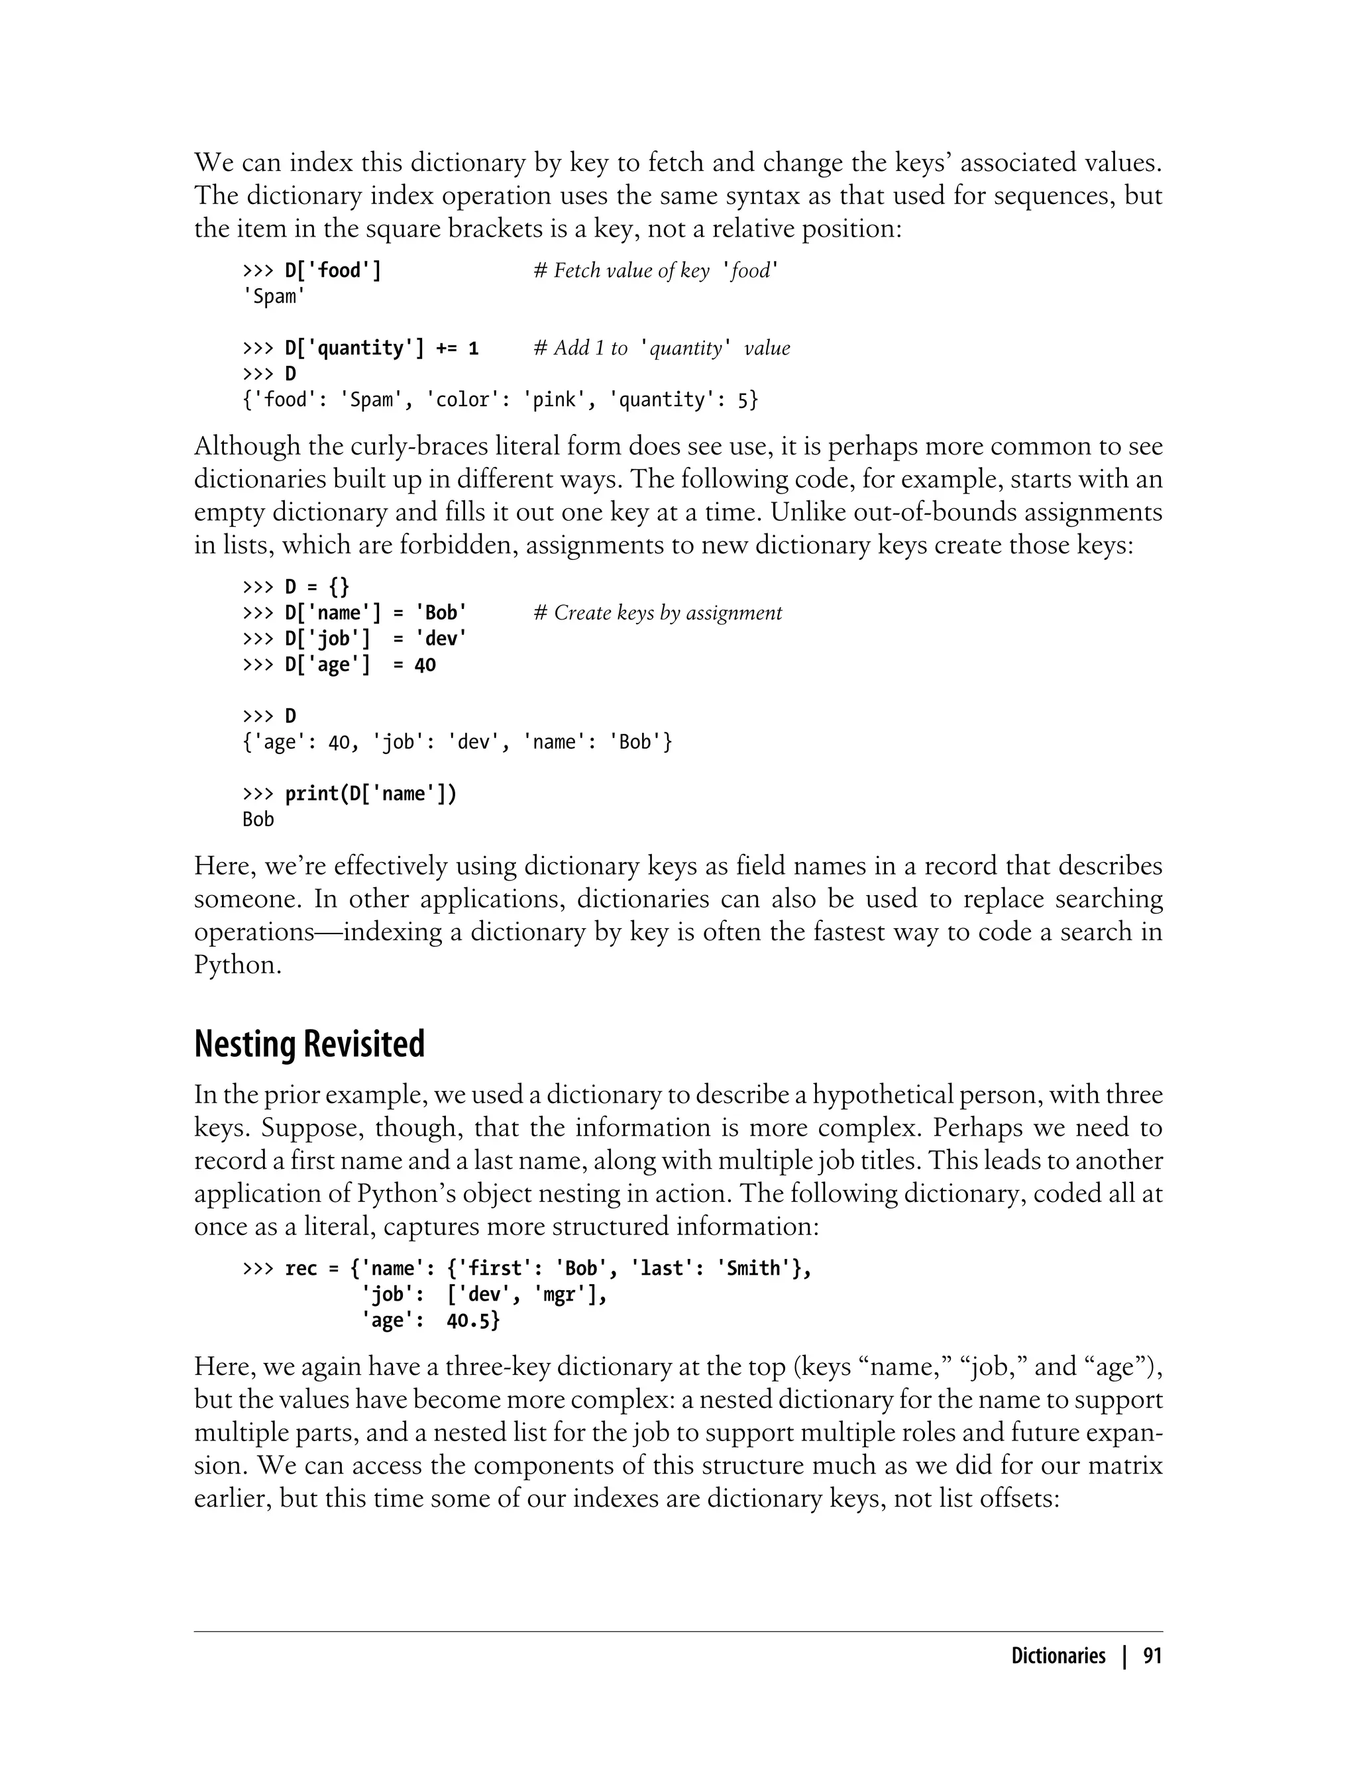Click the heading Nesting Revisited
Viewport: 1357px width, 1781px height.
pyautogui.click(x=309, y=1044)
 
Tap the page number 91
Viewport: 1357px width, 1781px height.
pyautogui.click(x=1152, y=1656)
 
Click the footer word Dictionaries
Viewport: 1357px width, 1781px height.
pyautogui.click(x=1058, y=1656)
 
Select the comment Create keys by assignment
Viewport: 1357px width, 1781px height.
pyautogui.click(x=659, y=613)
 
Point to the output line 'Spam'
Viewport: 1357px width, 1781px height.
pyautogui.click(x=274, y=296)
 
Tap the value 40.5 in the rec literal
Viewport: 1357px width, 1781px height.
pyautogui.click(x=473, y=1321)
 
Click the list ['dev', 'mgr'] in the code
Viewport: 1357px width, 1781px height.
pyautogui.click(x=526, y=1295)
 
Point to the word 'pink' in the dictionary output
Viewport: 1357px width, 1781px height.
pyautogui.click(x=554, y=400)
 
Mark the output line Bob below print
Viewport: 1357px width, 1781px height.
pyautogui.click(x=258, y=820)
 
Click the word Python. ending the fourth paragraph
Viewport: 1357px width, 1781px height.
pyautogui.click(x=237, y=965)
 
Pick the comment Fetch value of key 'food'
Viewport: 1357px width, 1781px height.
pyautogui.click(x=654, y=270)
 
